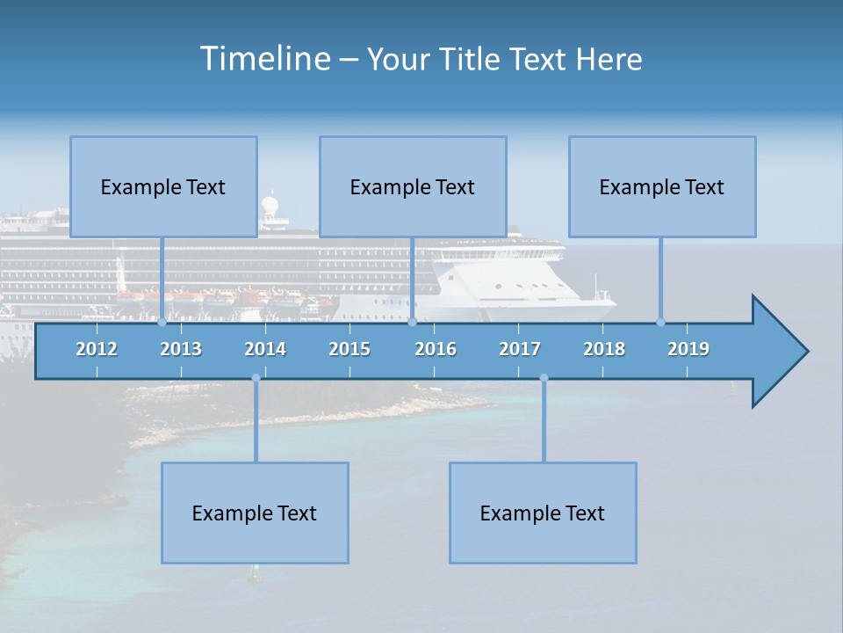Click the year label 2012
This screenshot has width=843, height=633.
click(97, 349)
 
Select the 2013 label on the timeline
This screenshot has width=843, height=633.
click(181, 349)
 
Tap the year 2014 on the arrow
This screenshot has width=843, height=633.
click(265, 349)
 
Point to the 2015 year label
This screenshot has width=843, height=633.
click(349, 349)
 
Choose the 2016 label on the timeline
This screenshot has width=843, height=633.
click(436, 349)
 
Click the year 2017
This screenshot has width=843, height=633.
click(520, 349)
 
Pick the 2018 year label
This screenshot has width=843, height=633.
click(604, 349)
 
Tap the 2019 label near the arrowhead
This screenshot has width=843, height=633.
click(688, 349)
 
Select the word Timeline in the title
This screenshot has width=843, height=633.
click(263, 59)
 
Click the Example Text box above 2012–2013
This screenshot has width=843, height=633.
click(163, 186)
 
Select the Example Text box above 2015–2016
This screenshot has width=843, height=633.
click(413, 186)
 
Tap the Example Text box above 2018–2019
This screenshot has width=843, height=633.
click(662, 186)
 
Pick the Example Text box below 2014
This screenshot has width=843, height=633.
click(255, 513)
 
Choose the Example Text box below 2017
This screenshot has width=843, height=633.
click(543, 513)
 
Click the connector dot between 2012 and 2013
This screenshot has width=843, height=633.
click(162, 322)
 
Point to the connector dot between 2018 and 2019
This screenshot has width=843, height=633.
click(661, 322)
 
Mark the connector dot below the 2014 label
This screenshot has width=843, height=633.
click(256, 378)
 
